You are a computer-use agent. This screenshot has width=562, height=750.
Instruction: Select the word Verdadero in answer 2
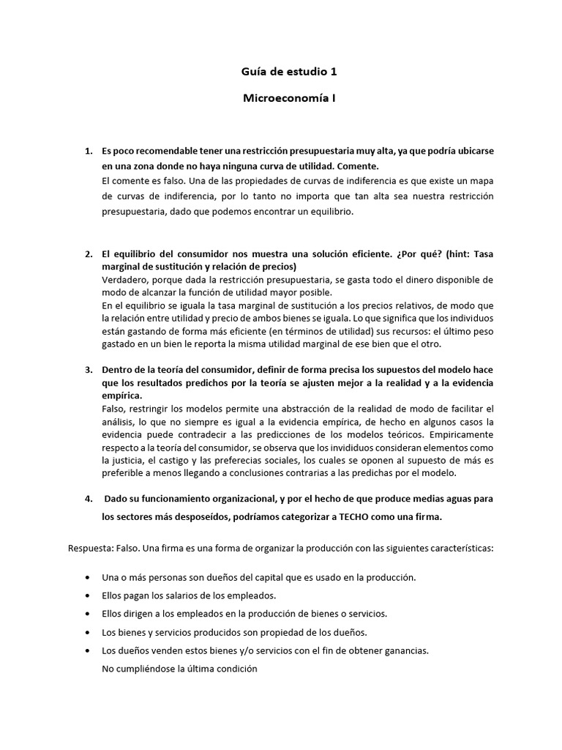click(x=126, y=280)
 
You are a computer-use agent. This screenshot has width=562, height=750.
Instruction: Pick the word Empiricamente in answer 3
click(x=461, y=434)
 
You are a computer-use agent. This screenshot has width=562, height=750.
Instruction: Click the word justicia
click(x=159, y=460)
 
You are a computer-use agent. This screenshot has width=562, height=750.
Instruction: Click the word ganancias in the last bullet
click(x=405, y=650)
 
